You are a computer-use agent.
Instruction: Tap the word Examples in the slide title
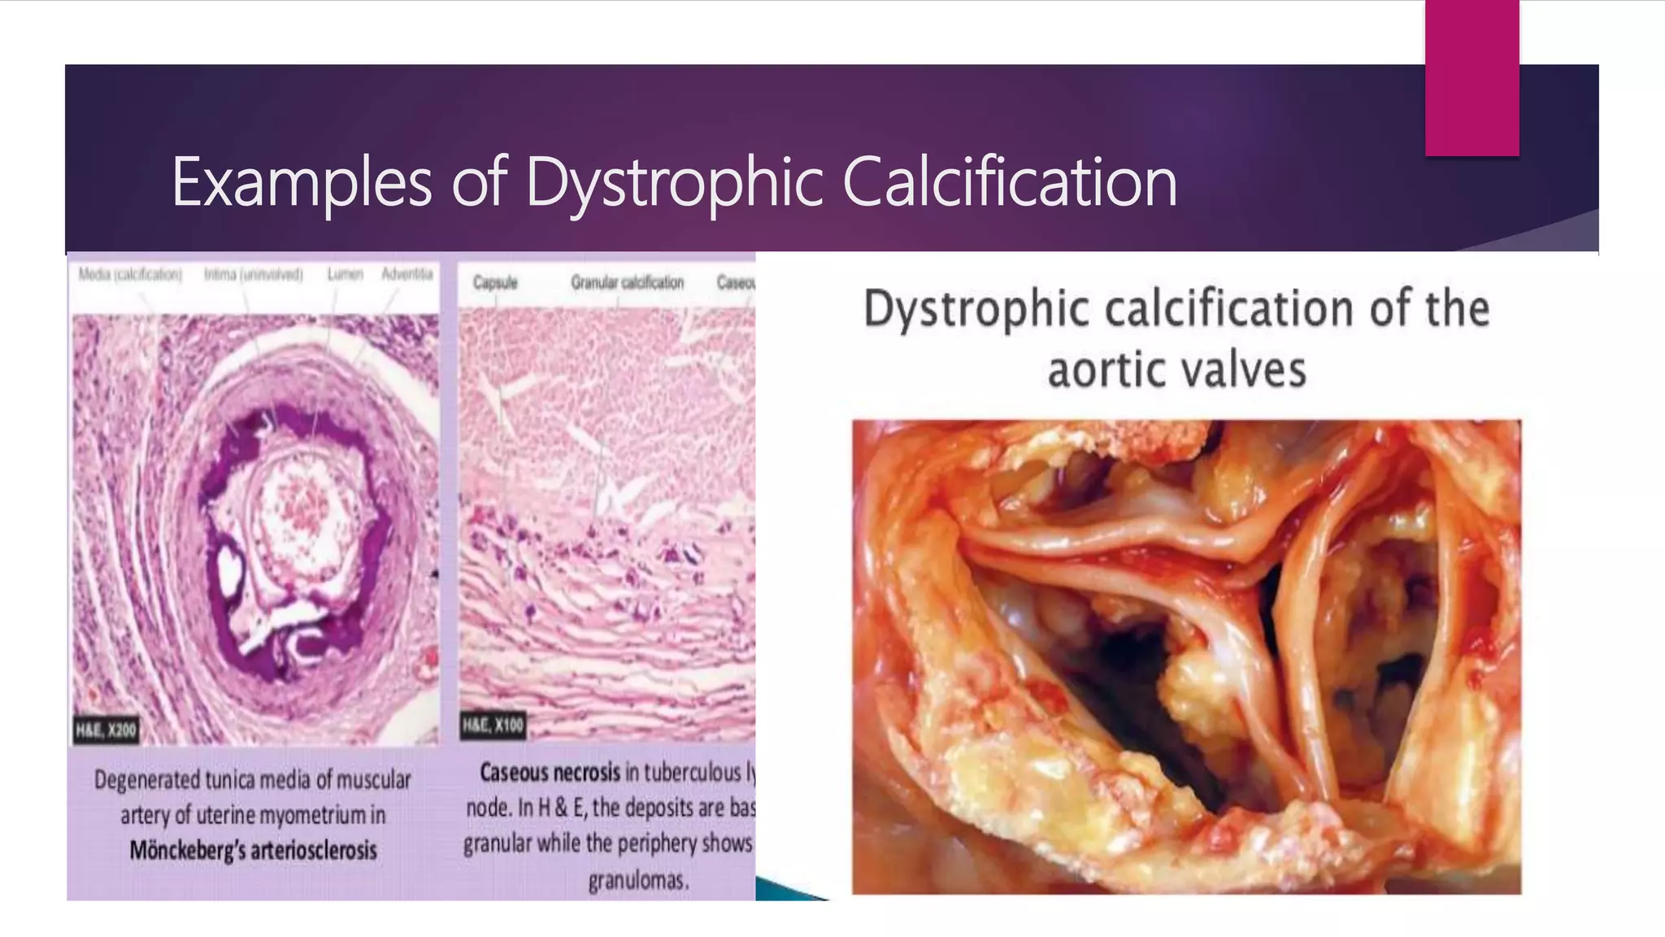(x=302, y=183)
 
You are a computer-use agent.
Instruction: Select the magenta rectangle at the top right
(x=1472, y=77)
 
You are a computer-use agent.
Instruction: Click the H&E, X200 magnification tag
(x=106, y=730)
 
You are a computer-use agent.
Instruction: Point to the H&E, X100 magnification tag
(x=493, y=725)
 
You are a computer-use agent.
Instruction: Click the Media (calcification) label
(x=130, y=275)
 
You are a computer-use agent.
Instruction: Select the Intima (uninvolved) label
(x=253, y=275)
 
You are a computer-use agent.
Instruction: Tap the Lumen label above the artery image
(x=345, y=275)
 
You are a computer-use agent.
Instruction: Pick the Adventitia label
(x=406, y=274)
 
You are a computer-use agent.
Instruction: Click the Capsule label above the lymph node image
(x=495, y=283)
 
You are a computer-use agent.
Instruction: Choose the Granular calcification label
(x=627, y=282)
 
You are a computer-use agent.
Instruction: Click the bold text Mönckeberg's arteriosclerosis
(x=253, y=851)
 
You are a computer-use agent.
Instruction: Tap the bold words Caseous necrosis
(x=550, y=772)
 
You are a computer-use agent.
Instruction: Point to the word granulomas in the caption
(x=638, y=880)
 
